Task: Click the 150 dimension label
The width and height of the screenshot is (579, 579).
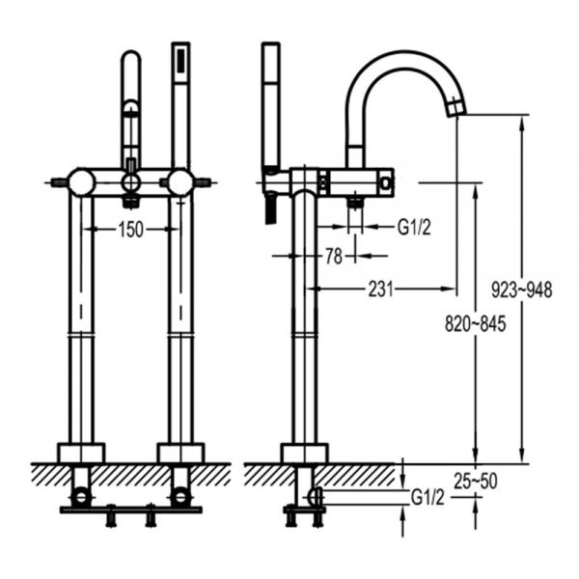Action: tap(130, 230)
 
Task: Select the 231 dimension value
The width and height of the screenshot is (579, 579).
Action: tap(381, 289)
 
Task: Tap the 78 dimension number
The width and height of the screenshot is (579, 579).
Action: tap(334, 257)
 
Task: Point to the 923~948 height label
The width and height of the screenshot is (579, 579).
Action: tap(522, 289)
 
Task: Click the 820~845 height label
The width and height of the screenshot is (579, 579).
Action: tap(475, 324)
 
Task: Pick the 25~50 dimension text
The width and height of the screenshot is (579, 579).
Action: tap(476, 481)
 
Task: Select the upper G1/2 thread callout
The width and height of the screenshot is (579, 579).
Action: tap(414, 227)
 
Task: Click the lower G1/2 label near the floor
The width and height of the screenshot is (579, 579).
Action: tap(427, 498)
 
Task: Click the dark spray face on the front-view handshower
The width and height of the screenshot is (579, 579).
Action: tap(181, 61)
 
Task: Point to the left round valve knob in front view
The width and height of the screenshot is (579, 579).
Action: tap(82, 182)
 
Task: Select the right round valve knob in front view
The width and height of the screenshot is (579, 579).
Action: tap(180, 182)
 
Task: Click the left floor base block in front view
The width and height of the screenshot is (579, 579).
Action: tap(81, 453)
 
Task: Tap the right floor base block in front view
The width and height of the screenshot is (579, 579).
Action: tap(180, 453)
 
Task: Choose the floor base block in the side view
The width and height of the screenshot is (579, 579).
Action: tap(304, 453)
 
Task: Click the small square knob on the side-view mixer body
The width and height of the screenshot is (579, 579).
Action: tap(386, 182)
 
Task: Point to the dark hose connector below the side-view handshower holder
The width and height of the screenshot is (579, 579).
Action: tap(270, 209)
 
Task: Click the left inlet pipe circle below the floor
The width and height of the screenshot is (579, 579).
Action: tap(81, 496)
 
